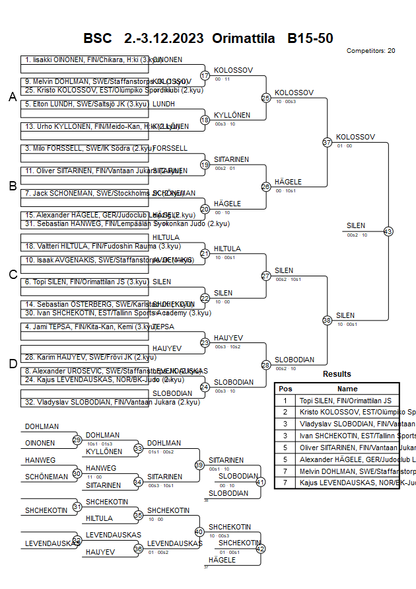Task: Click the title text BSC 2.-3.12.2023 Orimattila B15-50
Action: pyautogui.click(x=208, y=38)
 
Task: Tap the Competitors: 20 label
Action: pyautogui.click(x=370, y=51)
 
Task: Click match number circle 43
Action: pyautogui.click(x=388, y=231)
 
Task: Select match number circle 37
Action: pyautogui.click(x=327, y=142)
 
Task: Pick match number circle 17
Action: pyautogui.click(x=205, y=76)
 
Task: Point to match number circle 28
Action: pyautogui.click(x=265, y=365)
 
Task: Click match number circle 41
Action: pyautogui.click(x=260, y=482)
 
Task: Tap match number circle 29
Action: pyautogui.click(x=77, y=440)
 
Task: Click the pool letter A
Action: pyautogui.click(x=13, y=97)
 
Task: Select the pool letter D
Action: pyautogui.click(x=13, y=363)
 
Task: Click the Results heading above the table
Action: pyautogui.click(x=337, y=374)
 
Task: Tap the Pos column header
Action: pyautogui.click(x=285, y=389)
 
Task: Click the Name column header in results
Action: pyautogui.click(x=347, y=389)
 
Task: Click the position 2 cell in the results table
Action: pyautogui.click(x=285, y=412)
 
